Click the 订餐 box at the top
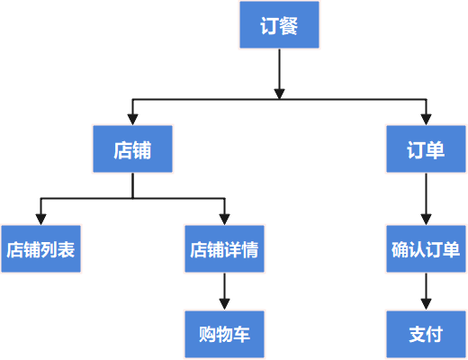279,24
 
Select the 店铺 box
132,148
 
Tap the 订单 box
426,148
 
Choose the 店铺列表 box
40,249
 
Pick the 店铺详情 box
224,249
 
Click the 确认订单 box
426,249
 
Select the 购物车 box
224,334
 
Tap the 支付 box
426,334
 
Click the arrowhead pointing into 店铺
132,120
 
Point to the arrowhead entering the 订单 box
426,120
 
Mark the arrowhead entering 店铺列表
40,220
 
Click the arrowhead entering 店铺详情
224,220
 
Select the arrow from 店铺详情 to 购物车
224,292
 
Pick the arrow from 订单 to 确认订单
426,199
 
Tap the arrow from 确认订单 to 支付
426,292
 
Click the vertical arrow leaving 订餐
279,74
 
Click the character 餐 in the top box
288,25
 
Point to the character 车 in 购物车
241,335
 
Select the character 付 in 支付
435,335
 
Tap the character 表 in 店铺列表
66,249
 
